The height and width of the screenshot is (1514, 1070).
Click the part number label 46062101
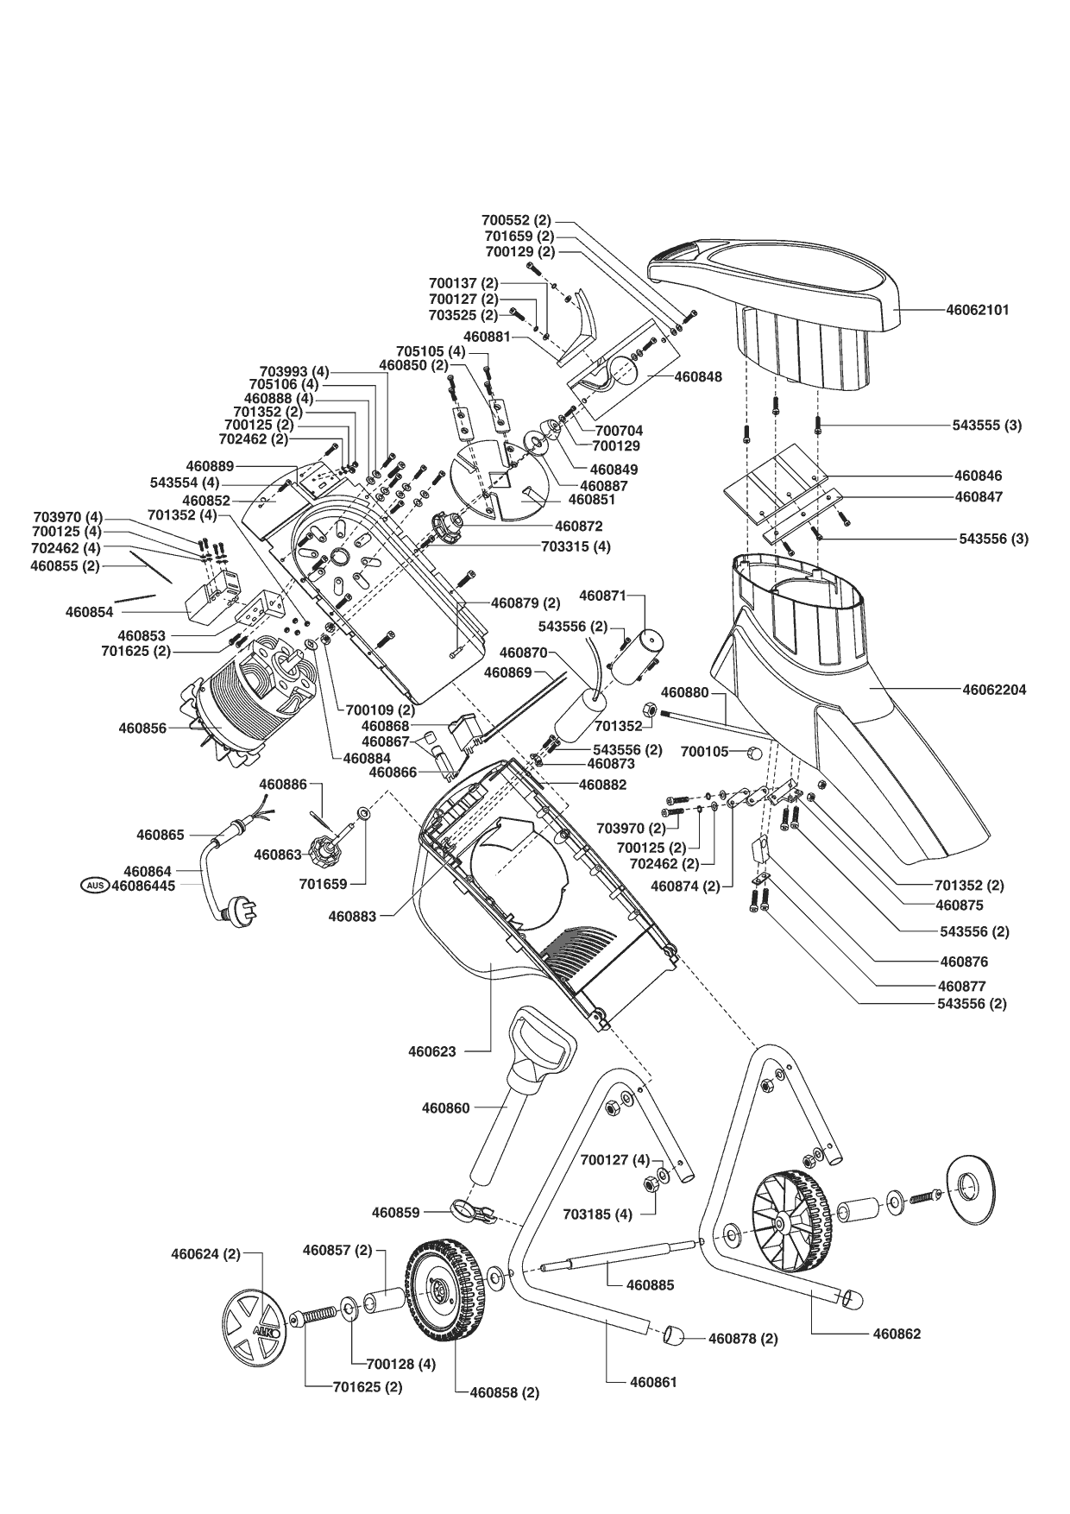[x=977, y=310]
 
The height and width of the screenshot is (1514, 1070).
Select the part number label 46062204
[x=994, y=691]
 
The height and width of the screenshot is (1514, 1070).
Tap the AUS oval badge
[x=94, y=885]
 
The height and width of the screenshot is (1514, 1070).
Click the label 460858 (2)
[x=504, y=1392]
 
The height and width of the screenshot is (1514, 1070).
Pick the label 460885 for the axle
[x=651, y=1285]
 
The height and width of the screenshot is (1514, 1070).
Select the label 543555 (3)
[x=987, y=426]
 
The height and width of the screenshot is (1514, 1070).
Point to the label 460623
[x=431, y=1051]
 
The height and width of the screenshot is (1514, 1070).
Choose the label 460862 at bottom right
[x=897, y=1334]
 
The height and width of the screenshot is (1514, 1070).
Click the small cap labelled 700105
[x=754, y=753]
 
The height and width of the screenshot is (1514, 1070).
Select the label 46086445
[x=148, y=885]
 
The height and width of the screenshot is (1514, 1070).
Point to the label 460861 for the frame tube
[x=653, y=1382]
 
